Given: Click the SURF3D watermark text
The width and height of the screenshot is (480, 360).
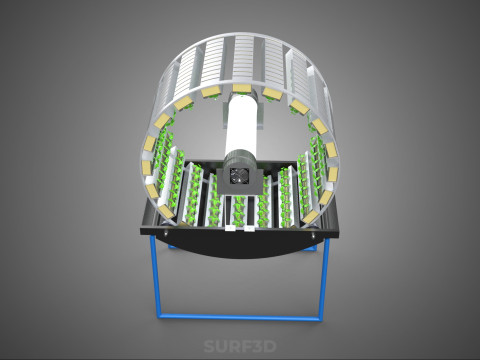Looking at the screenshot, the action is tap(240, 346).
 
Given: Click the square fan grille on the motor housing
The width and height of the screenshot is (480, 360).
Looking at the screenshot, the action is tap(238, 176).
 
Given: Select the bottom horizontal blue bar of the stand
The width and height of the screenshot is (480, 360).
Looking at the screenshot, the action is tap(240, 317).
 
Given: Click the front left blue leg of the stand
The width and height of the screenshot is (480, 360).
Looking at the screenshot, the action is tap(155, 276).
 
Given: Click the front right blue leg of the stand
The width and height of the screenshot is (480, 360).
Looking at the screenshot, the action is tap(324, 279).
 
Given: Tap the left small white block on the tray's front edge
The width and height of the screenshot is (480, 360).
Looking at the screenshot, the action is tap(231, 228).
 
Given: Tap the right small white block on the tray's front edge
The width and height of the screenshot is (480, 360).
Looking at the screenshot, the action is tap(249, 228).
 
